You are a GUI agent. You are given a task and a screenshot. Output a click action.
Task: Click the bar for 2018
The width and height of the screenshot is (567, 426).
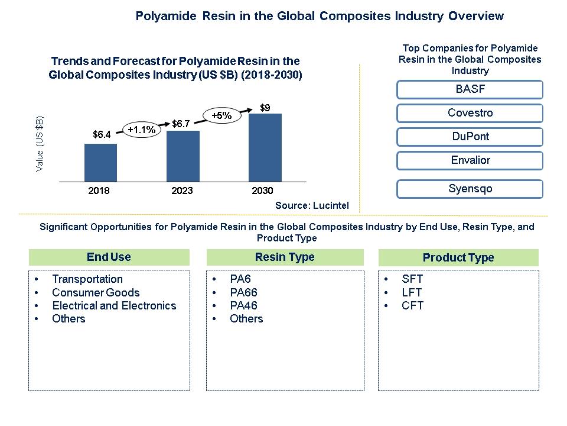[100, 162]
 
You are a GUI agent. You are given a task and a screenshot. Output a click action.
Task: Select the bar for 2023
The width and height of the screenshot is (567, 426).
[183, 156]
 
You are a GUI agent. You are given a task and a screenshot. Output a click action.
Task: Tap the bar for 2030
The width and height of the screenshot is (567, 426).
[265, 147]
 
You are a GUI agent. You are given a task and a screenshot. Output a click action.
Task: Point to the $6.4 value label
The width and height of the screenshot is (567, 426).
[102, 135]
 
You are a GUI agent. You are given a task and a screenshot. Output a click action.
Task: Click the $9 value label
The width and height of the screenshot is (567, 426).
[266, 107]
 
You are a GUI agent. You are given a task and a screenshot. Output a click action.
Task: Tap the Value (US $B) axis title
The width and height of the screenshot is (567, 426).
[40, 144]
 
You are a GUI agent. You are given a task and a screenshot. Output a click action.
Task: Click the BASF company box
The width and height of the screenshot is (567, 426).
[470, 90]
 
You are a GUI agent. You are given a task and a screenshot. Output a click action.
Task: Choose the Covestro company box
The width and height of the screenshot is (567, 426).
[470, 113]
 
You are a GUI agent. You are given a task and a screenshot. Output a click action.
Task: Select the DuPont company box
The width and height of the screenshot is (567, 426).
[470, 137]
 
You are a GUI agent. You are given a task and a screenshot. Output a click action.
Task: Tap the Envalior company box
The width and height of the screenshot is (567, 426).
[470, 160]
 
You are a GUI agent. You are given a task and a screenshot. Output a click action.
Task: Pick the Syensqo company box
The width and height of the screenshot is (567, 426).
[470, 189]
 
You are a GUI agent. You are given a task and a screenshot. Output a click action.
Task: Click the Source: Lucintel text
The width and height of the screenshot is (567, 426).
[312, 205]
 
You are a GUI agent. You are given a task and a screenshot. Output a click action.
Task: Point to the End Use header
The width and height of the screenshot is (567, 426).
[109, 257]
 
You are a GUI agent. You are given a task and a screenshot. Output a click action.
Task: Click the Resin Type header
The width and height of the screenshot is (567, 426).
[285, 257]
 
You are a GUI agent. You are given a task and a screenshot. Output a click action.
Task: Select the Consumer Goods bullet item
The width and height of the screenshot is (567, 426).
[96, 292]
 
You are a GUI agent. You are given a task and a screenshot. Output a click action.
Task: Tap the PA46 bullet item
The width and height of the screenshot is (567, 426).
[243, 305]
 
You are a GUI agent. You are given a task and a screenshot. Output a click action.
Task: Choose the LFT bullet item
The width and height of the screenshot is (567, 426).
[412, 292]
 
